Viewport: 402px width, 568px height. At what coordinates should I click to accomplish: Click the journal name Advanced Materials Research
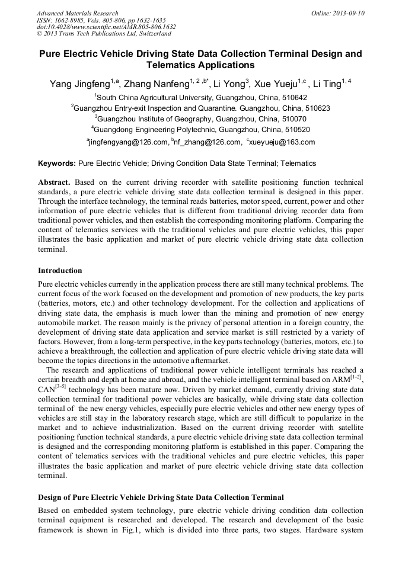pos(77,13)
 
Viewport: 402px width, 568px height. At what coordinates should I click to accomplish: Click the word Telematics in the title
pos(178,65)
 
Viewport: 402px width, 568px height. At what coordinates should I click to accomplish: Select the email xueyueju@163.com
pos(282,142)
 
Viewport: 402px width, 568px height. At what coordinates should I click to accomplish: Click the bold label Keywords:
pos(57,163)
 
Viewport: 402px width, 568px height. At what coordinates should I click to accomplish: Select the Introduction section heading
pos(60,271)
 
